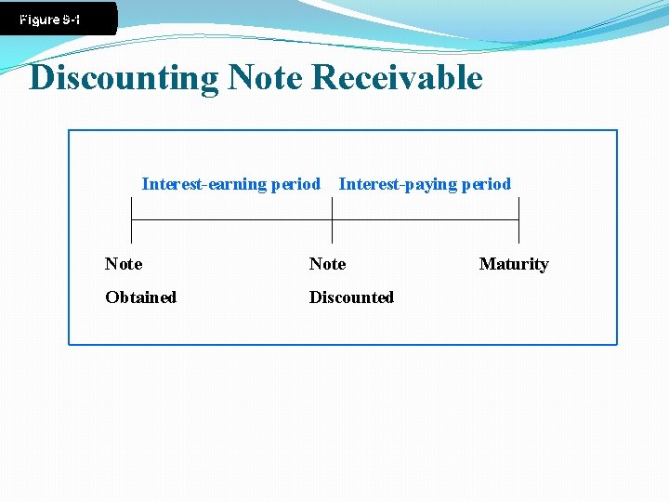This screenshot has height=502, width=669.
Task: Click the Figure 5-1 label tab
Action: pyautogui.click(x=51, y=19)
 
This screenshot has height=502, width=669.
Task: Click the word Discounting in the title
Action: pyautogui.click(x=124, y=78)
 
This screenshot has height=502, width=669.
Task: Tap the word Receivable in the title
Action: pyautogui.click(x=398, y=78)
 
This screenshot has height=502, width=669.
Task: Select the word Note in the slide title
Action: pyautogui.click(x=265, y=78)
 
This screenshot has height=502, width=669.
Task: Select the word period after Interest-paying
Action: pyautogui.click(x=485, y=184)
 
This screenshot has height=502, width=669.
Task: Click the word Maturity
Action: pyautogui.click(x=514, y=264)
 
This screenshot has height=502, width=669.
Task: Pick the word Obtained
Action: pyautogui.click(x=140, y=297)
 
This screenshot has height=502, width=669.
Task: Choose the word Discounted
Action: pyautogui.click(x=351, y=297)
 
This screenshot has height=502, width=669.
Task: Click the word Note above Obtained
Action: pyautogui.click(x=124, y=264)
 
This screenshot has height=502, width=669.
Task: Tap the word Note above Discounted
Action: pyautogui.click(x=327, y=264)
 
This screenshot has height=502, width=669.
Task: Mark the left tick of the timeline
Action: pyautogui.click(x=131, y=220)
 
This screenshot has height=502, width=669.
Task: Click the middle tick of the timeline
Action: pyautogui.click(x=332, y=220)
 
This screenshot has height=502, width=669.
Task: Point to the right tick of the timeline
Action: pyautogui.click(x=518, y=220)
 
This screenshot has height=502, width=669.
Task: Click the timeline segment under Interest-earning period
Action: pyautogui.click(x=231, y=220)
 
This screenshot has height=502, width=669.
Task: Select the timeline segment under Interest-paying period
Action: pyautogui.click(x=426, y=220)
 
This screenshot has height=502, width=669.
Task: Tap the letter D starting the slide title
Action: pyautogui.click(x=42, y=78)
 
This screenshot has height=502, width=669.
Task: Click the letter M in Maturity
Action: pyautogui.click(x=486, y=264)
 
